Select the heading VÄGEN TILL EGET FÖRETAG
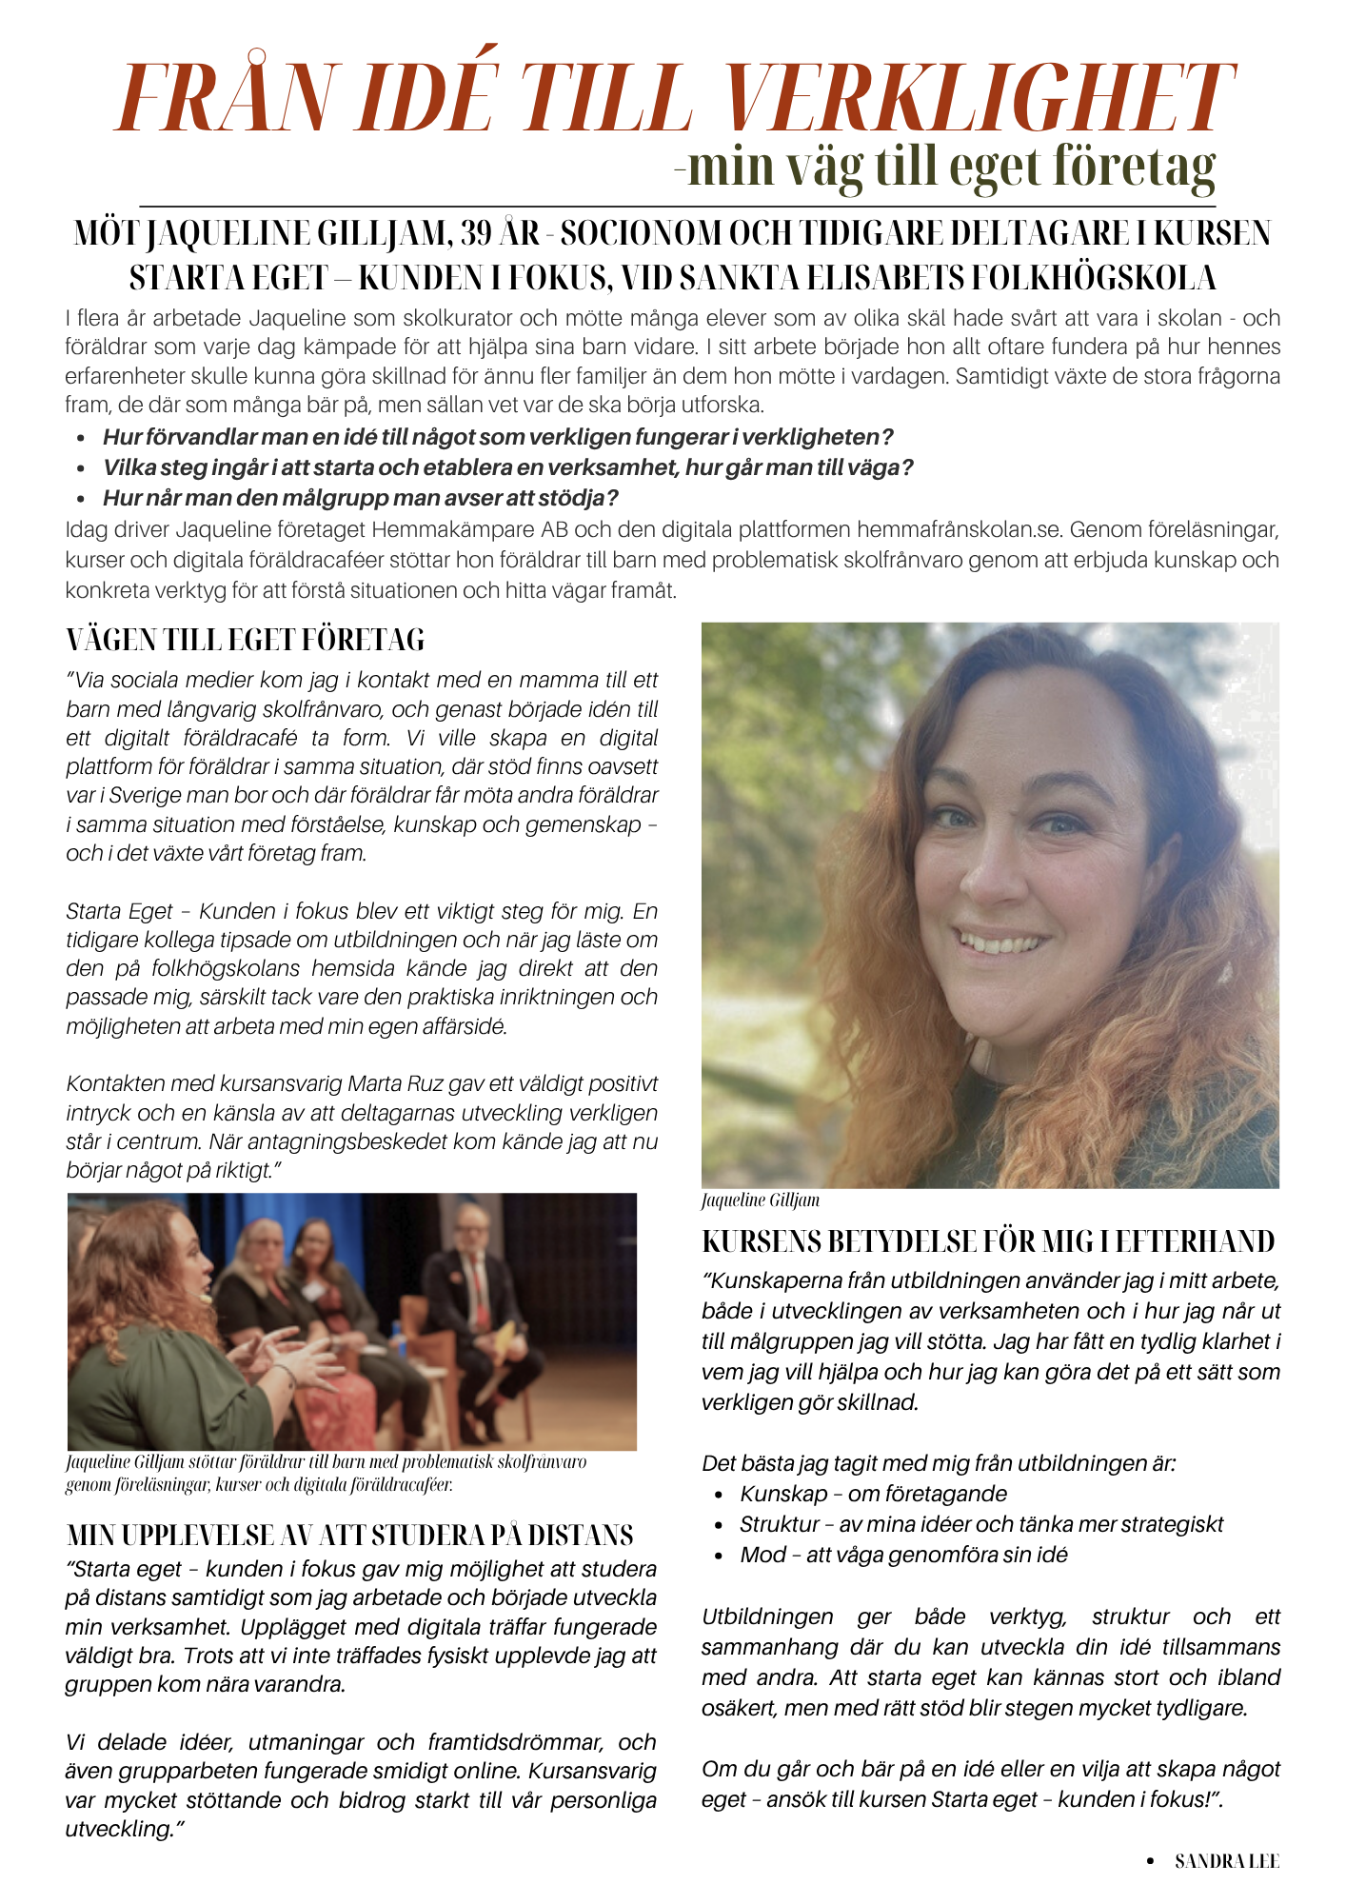pyautogui.click(x=246, y=640)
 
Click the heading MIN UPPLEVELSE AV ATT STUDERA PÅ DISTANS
pyautogui.click(x=349, y=1536)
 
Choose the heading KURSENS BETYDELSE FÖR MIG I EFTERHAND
pyautogui.click(x=988, y=1241)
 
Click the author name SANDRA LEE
pyautogui.click(x=1226, y=1861)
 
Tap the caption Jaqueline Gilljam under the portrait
pyautogui.click(x=760, y=1200)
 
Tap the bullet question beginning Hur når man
pyautogui.click(x=361, y=498)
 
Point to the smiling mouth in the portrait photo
pyautogui.click(x=1001, y=943)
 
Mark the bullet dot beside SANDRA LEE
pyautogui.click(x=1150, y=1861)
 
